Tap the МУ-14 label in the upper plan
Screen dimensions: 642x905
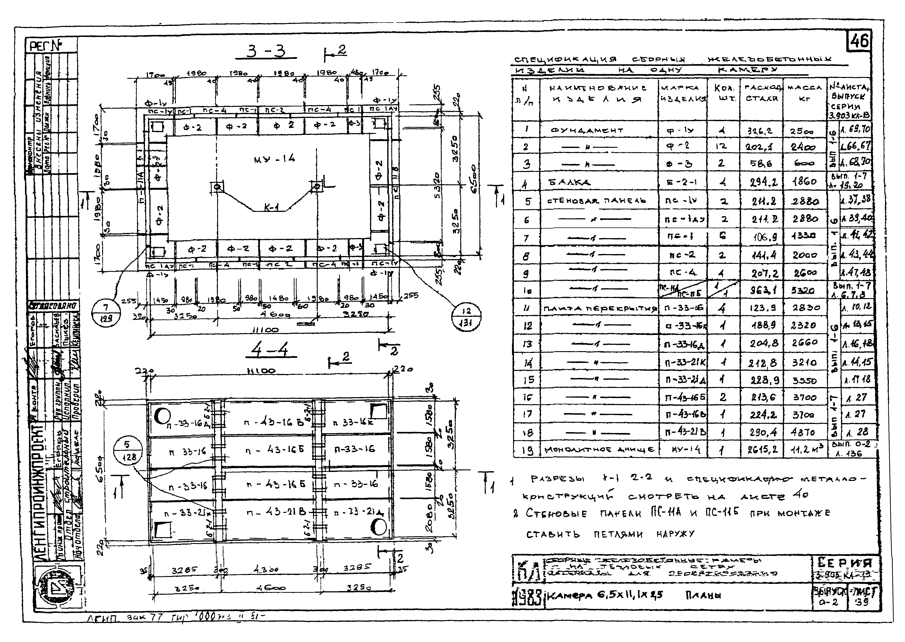click(x=274, y=159)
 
